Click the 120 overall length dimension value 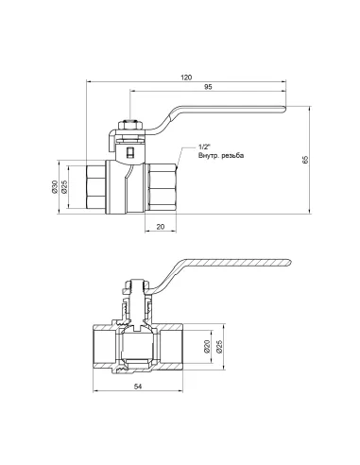(x=186, y=77)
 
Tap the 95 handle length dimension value (x=208, y=87)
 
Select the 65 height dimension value (x=305, y=160)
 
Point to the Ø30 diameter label (x=55, y=186)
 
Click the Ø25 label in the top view (x=64, y=186)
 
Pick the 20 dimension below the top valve (x=161, y=227)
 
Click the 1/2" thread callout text (x=204, y=147)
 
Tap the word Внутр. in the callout (x=209, y=155)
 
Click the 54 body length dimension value (x=138, y=387)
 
